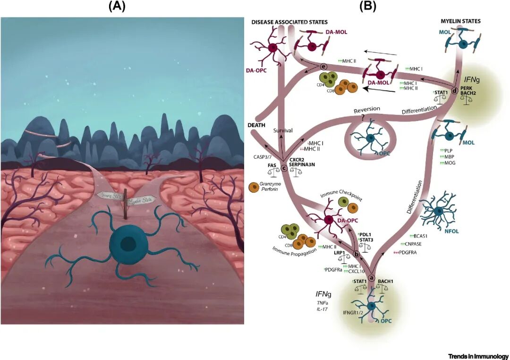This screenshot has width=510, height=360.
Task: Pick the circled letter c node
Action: pos(284,167)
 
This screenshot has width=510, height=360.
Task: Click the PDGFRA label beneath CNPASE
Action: pos(411,252)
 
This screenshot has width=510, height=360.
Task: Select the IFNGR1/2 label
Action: pos(354,312)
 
